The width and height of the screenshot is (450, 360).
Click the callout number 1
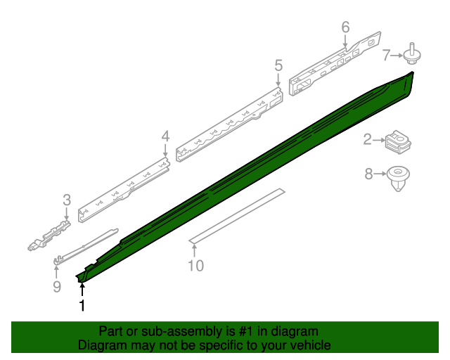(82, 306)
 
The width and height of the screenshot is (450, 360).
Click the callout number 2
(368, 140)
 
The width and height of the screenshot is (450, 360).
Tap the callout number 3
(67, 200)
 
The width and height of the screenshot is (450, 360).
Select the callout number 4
(165, 136)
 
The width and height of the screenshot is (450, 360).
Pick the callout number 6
(345, 27)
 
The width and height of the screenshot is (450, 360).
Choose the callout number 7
(386, 54)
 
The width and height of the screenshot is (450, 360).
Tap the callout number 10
(195, 265)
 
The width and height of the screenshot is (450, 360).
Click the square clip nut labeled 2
(397, 143)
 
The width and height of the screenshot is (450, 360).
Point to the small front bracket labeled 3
(51, 233)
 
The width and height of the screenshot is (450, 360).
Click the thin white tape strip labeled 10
(239, 214)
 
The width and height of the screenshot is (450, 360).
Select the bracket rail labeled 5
(232, 123)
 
